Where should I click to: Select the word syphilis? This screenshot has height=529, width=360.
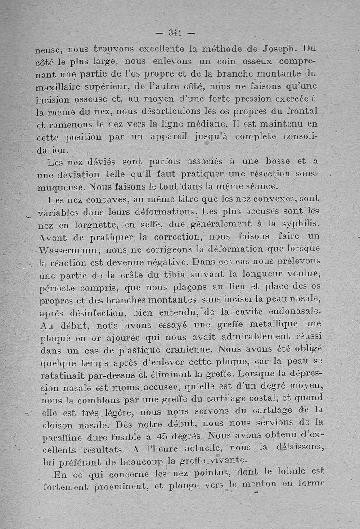pos(300,224)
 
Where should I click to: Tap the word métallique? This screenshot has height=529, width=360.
pos(261,324)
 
